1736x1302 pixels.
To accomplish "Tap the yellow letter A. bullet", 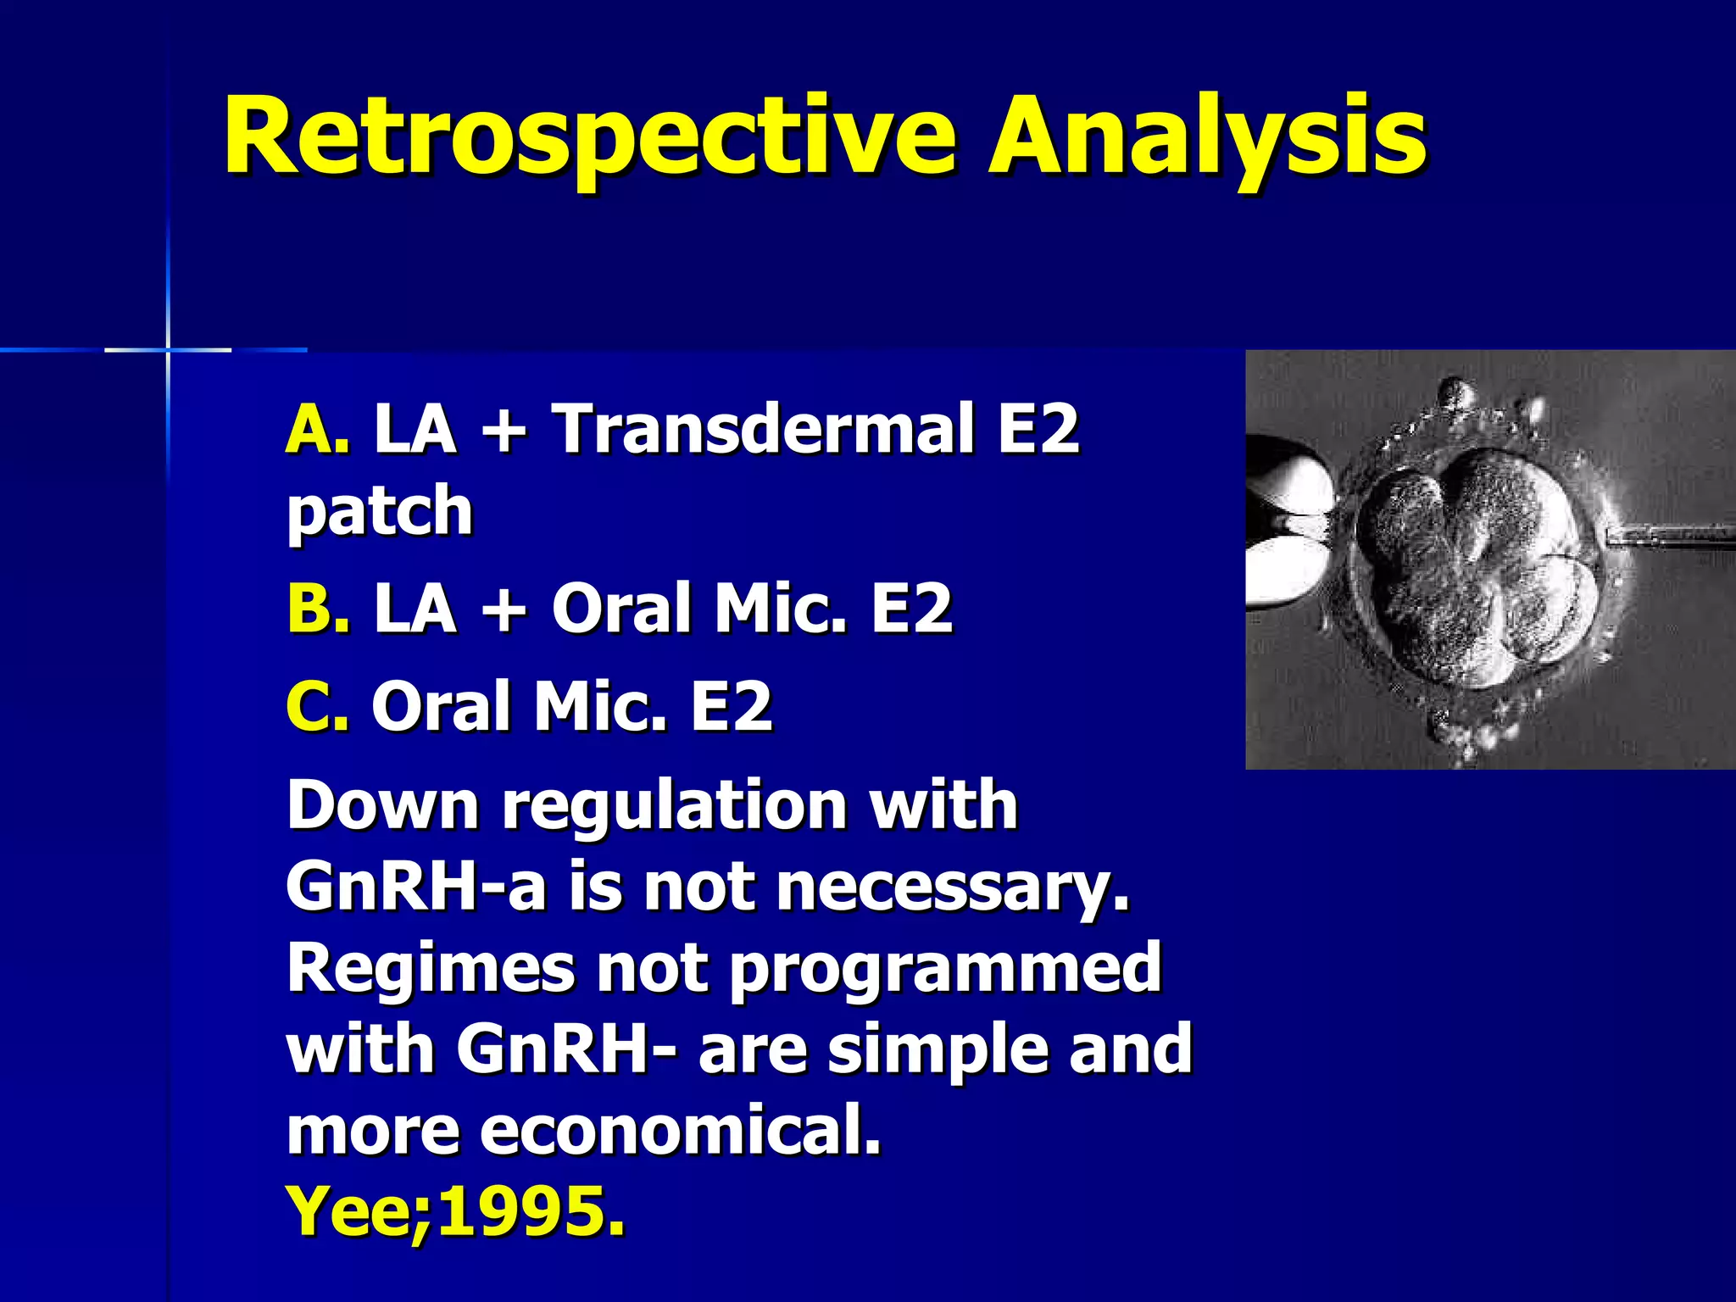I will tap(317, 430).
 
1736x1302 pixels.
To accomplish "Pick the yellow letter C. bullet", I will tap(317, 706).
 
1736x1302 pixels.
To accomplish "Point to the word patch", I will tap(380, 512).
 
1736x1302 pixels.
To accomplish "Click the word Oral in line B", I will tap(621, 609).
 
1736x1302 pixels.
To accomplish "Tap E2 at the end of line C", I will tap(731, 706).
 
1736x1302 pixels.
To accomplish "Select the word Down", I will tap(383, 805).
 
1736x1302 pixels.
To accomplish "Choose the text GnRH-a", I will tap(415, 887).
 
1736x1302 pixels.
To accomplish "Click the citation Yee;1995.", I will tap(456, 1212).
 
